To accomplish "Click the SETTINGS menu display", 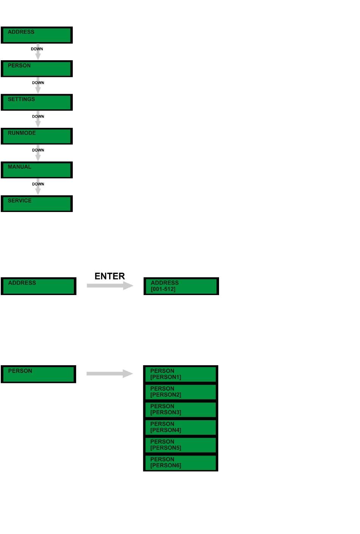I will (37, 102).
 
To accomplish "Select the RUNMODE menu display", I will (37, 136).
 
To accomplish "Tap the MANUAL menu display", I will (37, 170).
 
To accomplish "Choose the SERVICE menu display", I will (37, 204).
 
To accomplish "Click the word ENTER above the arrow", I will (110, 276).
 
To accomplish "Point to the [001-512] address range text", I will (163, 289).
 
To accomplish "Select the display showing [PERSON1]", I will (180, 374).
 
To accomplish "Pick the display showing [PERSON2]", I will (180, 392).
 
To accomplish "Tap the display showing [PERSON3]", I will (180, 410).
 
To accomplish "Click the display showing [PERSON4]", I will (180, 427).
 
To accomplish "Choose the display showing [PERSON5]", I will (180, 445).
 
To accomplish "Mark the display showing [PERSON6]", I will (180, 463).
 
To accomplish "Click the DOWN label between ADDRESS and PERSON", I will (37, 49).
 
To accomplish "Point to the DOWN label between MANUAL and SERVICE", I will (38, 184).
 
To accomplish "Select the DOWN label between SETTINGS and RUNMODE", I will (38, 116).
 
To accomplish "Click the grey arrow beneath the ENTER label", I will (110, 286).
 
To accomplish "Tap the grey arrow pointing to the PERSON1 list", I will (110, 374).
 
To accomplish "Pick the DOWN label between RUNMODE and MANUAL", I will (38, 150).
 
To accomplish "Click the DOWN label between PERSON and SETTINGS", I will (38, 83).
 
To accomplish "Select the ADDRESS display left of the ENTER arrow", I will (38, 286).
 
